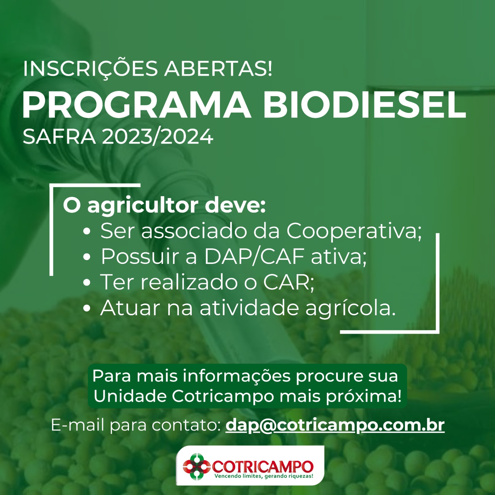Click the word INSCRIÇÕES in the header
(x=90, y=69)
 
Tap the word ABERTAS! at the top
(x=218, y=68)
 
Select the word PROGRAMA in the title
(x=136, y=105)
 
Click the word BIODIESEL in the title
(x=364, y=105)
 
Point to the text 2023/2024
(x=157, y=136)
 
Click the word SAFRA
(x=59, y=136)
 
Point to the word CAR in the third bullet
(x=286, y=282)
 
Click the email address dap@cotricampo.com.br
(x=335, y=425)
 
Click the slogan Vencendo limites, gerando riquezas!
(x=264, y=476)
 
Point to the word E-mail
(x=77, y=425)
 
